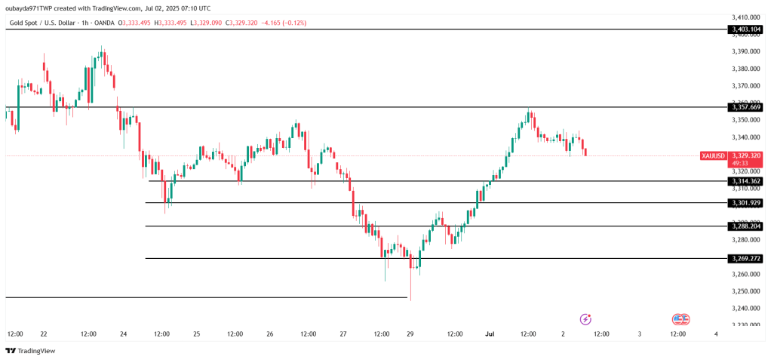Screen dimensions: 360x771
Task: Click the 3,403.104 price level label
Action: coord(745,29)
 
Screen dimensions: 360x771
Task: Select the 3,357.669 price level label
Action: coord(745,107)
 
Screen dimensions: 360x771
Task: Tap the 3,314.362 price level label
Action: coord(745,181)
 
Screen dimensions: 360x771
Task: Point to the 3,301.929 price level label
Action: coord(745,203)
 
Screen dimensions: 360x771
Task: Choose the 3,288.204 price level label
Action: coord(745,226)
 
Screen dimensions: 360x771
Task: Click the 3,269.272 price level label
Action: coord(745,259)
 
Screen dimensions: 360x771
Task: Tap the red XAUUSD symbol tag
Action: coord(713,155)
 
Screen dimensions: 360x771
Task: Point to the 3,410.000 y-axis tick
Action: coord(745,17)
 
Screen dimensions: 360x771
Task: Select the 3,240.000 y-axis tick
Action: coord(745,308)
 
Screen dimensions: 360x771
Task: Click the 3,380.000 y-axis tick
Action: coord(745,69)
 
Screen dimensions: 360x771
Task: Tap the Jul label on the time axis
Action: coord(490,334)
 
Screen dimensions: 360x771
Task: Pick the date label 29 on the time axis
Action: coord(410,334)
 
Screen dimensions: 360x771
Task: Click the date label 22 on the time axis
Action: coord(44,334)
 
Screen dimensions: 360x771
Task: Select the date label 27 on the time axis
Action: coord(343,334)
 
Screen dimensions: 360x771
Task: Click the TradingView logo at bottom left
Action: coord(30,351)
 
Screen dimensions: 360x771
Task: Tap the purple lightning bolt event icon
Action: coord(585,319)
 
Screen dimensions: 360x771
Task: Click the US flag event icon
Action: coord(680,319)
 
